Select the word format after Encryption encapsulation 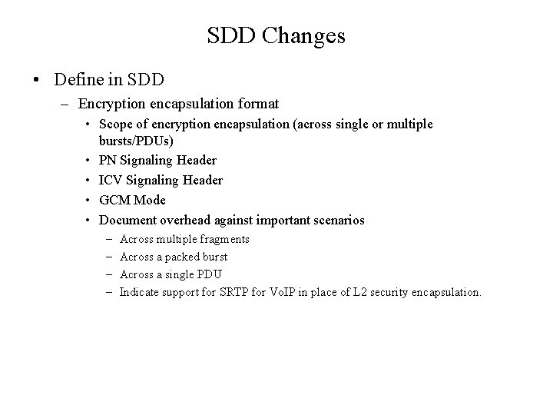257,103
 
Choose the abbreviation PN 108,161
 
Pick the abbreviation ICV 111,180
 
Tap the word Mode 150,200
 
